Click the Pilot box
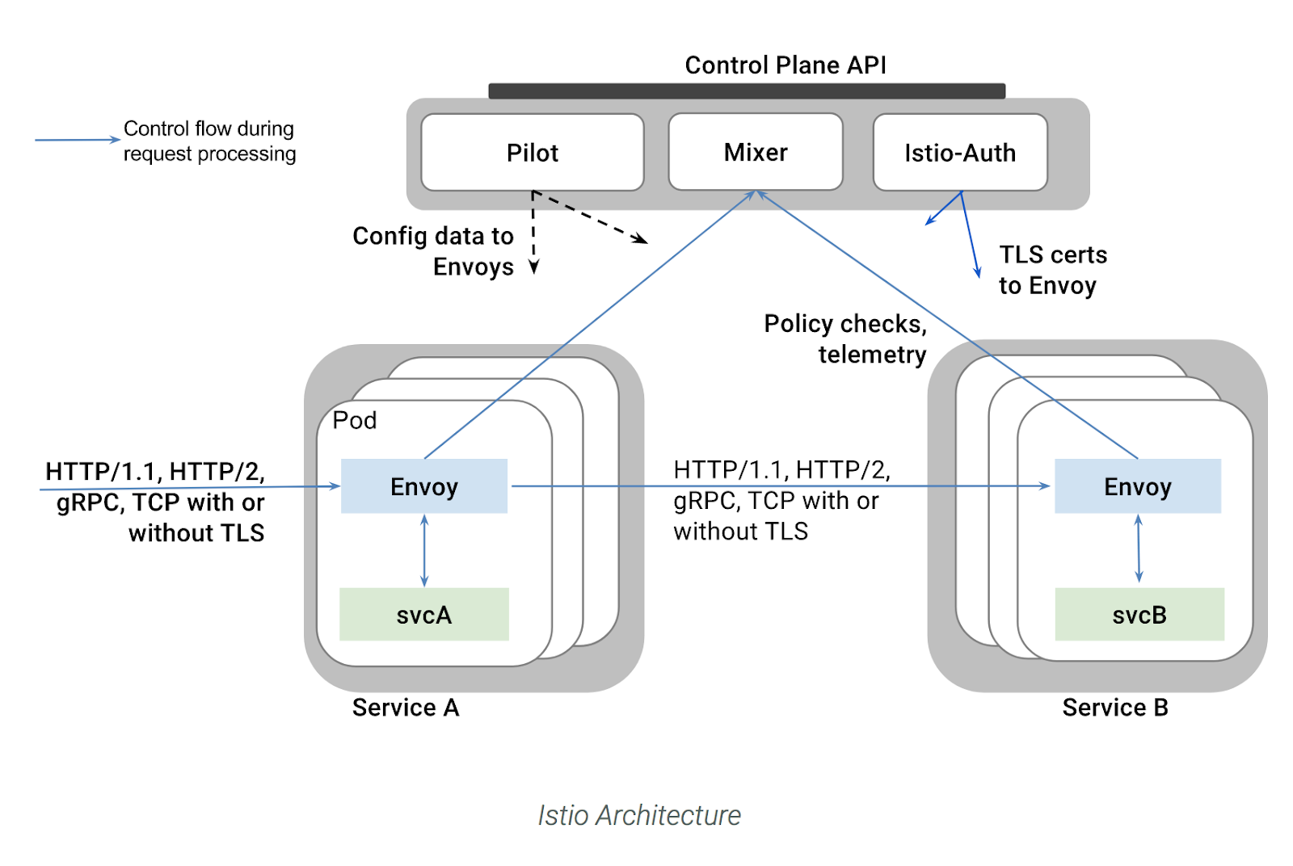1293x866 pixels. (532, 153)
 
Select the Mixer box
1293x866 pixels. (755, 152)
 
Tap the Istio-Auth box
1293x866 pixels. (959, 153)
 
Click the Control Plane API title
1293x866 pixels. (785, 65)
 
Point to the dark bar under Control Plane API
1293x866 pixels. (746, 91)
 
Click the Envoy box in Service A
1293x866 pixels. (423, 486)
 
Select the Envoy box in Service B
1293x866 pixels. (1137, 486)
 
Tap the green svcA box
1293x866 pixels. (423, 615)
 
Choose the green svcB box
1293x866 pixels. (1139, 615)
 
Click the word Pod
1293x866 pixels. (354, 421)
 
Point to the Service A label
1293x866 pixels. (405, 708)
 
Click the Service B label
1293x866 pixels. (1114, 708)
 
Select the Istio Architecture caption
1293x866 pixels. (639, 815)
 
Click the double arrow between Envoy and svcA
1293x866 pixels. (424, 551)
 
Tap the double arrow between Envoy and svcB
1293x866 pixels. (1138, 549)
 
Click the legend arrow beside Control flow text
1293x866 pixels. (77, 140)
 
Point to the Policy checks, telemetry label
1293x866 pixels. (845, 339)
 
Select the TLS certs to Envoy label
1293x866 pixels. (1051, 270)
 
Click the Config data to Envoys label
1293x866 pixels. (433, 251)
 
